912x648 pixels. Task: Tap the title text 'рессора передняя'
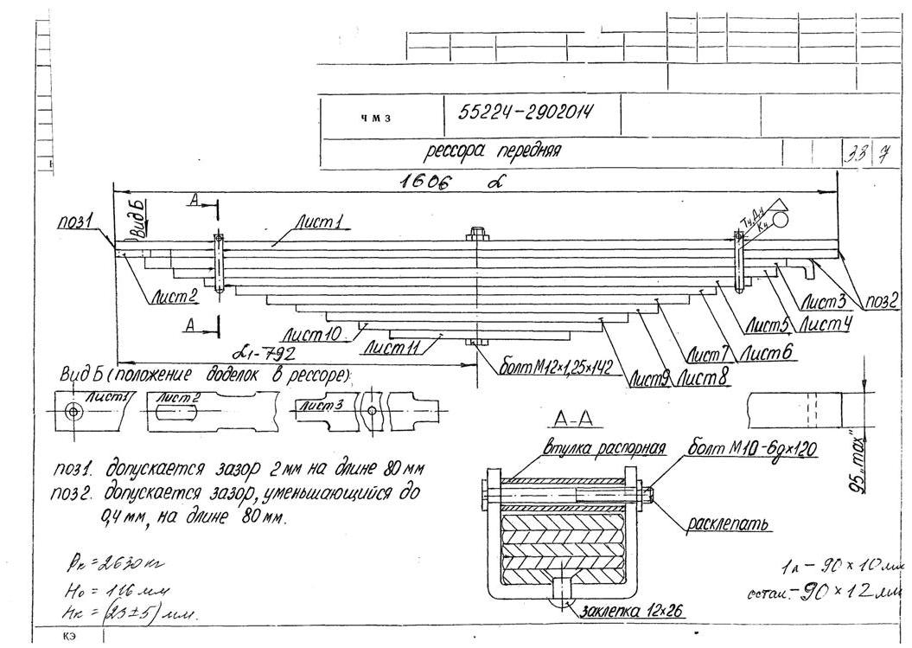[493, 151]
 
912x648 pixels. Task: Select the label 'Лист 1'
[320, 223]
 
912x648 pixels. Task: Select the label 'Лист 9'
[651, 378]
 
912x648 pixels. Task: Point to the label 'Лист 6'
[769, 352]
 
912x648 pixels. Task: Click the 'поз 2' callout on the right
[881, 302]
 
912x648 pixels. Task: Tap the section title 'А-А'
[572, 421]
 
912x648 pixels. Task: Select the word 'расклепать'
[730, 523]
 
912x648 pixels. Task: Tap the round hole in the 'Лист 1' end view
[74, 410]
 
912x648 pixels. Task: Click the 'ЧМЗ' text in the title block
[373, 119]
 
